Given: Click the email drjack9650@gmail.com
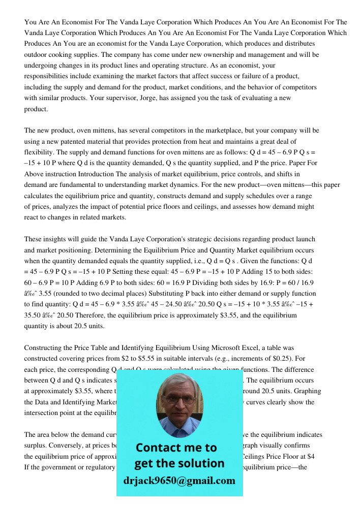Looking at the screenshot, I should pos(179,480).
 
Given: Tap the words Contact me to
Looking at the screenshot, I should pos(176,448).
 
